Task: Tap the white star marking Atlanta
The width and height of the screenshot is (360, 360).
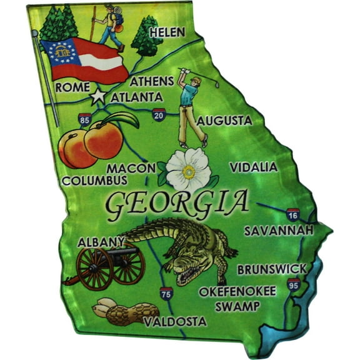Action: click(x=97, y=97)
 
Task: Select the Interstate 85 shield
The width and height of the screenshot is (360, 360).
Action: click(x=84, y=119)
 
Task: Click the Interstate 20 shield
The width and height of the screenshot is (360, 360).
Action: click(x=159, y=114)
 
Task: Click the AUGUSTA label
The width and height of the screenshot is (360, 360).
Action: click(x=224, y=120)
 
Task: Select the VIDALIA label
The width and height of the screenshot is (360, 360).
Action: click(x=253, y=167)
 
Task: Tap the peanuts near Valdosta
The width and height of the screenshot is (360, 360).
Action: click(x=125, y=312)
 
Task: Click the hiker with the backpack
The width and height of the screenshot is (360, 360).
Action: click(x=111, y=25)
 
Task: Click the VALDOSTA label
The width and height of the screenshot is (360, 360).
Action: click(x=174, y=321)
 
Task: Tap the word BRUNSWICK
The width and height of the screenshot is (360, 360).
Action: click(x=272, y=269)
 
